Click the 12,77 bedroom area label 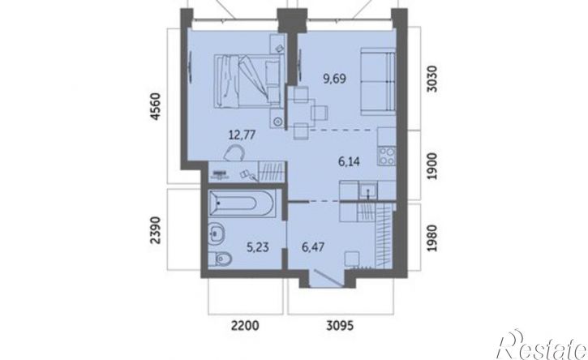click(x=242, y=135)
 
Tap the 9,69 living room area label click(x=334, y=79)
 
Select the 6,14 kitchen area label click(x=349, y=161)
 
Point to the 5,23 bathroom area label click(x=258, y=246)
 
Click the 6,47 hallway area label click(x=313, y=246)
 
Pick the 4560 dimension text click(x=155, y=106)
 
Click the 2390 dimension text click(x=155, y=230)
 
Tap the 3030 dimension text click(x=432, y=79)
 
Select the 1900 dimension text click(x=432, y=166)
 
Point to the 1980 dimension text click(x=432, y=238)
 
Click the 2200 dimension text click(x=245, y=325)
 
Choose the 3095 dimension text click(x=340, y=325)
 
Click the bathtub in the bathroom click(x=242, y=204)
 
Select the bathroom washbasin click(x=217, y=234)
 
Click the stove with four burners click(x=387, y=156)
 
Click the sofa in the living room click(x=378, y=81)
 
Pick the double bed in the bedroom click(x=248, y=81)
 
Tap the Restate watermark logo click(x=542, y=345)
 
